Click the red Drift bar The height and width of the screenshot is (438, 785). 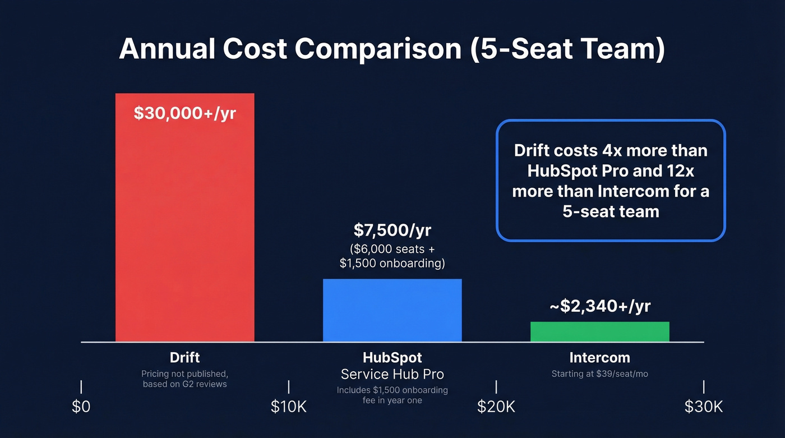[184, 224]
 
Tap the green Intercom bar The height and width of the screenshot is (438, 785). [599, 331]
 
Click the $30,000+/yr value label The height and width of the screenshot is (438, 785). [184, 113]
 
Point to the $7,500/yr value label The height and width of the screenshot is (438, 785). [392, 230]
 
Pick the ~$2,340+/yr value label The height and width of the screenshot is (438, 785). [599, 306]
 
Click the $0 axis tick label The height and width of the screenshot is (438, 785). [81, 407]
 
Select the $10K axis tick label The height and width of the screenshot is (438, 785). [289, 407]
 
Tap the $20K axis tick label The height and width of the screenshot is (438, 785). [496, 407]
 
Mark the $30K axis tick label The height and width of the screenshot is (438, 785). [703, 407]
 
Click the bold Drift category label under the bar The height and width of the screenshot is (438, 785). [184, 357]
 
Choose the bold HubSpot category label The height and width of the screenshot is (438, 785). [392, 357]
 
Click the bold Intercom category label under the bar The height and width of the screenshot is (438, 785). [599, 357]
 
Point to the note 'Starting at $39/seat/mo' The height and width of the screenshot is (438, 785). [599, 374]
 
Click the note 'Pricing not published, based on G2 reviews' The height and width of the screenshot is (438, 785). [184, 379]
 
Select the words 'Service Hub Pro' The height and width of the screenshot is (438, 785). [392, 374]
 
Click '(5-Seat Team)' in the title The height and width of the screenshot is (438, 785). [567, 49]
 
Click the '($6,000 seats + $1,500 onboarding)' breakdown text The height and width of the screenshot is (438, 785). [392, 256]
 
